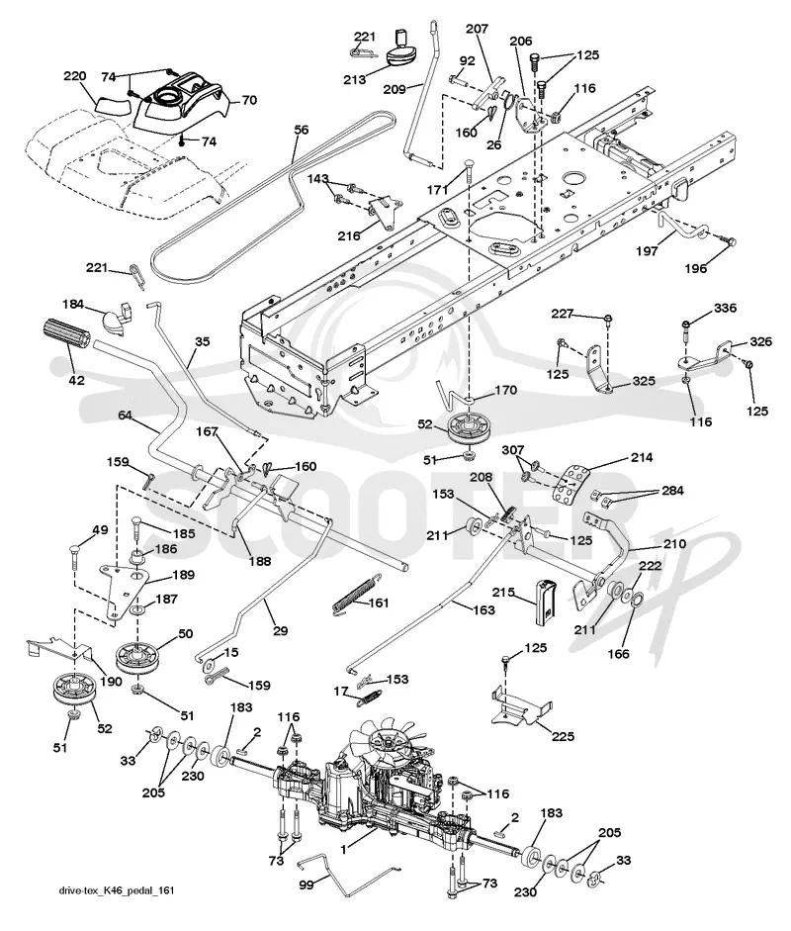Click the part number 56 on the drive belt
[x=302, y=130]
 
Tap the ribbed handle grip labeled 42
[x=64, y=335]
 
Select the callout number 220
[x=75, y=76]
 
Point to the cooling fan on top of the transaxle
[x=390, y=742]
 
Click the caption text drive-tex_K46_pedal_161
[x=117, y=890]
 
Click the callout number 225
[x=563, y=736]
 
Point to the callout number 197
[x=647, y=250]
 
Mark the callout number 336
[x=725, y=308]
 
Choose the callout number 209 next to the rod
[x=395, y=89]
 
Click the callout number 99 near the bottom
[x=307, y=884]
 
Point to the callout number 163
[x=484, y=609]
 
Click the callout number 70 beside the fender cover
[x=250, y=100]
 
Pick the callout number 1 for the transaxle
[x=343, y=850]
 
